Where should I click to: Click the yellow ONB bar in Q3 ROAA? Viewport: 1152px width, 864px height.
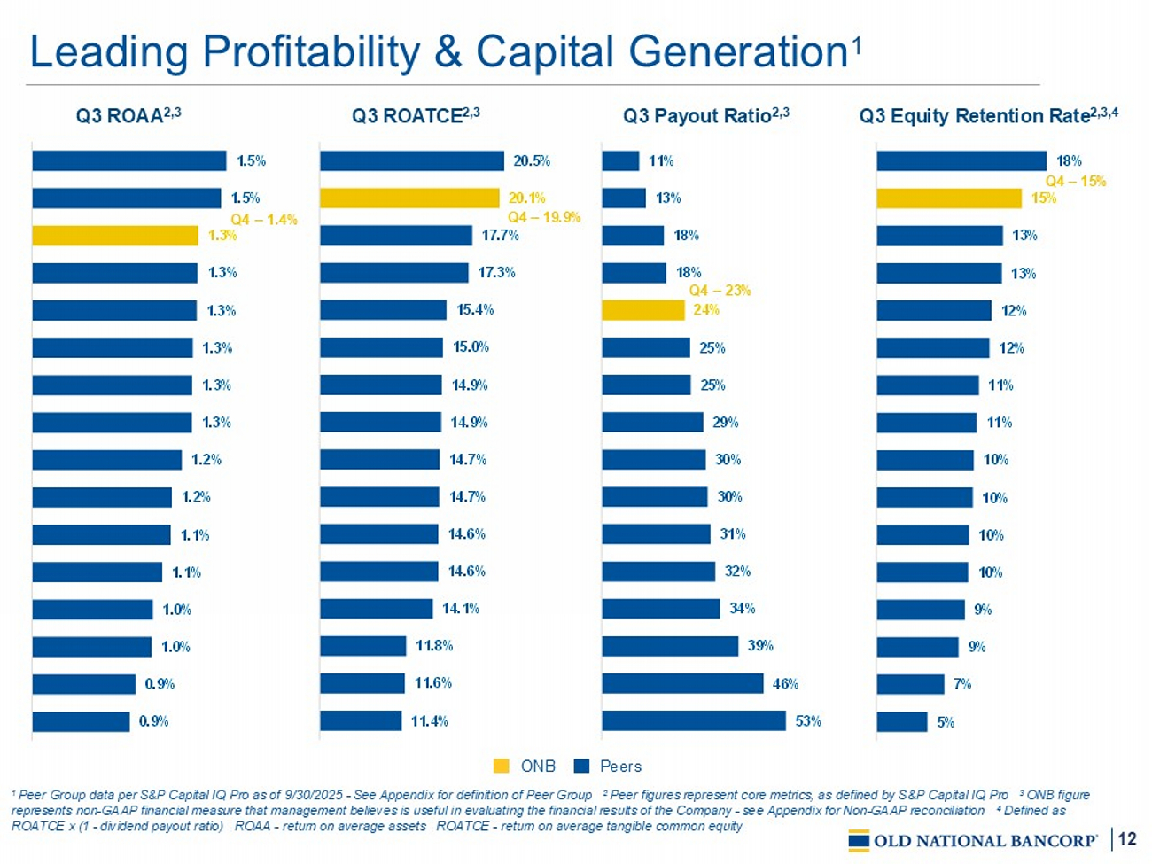[115, 236]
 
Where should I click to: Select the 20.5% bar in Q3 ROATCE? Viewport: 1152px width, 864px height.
[412, 160]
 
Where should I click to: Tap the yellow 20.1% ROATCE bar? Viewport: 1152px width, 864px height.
[409, 198]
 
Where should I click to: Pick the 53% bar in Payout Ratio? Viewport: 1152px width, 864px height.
[693, 720]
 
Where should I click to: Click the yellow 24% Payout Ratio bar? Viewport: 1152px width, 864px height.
[642, 310]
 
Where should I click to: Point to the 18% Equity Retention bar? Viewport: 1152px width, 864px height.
[961, 160]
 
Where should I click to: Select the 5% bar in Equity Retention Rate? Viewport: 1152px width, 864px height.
[902, 721]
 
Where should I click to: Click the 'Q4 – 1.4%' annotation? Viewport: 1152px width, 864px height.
[264, 219]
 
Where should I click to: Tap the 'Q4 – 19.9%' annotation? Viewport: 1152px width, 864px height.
[543, 217]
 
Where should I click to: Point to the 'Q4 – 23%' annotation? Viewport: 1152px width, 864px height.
[720, 291]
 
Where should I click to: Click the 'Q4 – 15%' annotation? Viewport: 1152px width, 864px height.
[1076, 181]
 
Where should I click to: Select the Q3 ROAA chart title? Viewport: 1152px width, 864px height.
[128, 115]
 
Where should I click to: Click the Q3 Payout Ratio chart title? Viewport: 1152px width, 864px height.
[705, 115]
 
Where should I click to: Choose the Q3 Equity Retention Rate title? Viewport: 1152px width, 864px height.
[988, 115]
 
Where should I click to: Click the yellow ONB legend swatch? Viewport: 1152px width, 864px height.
[502, 766]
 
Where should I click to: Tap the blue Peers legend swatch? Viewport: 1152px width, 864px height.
[581, 766]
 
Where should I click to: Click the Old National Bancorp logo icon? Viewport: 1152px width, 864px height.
[858, 840]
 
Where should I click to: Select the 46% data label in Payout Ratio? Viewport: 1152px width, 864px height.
[785, 683]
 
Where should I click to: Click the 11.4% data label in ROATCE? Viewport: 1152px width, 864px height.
[429, 721]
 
